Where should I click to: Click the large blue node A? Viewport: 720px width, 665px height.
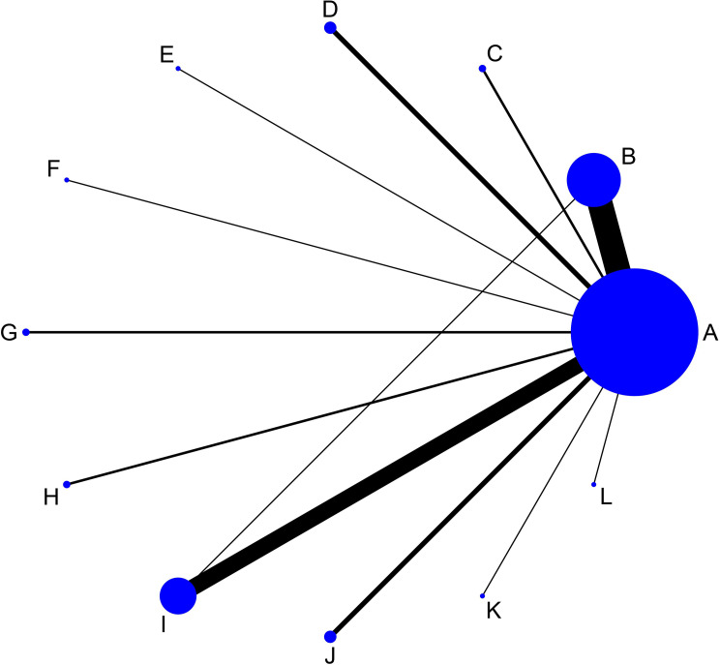point(633,332)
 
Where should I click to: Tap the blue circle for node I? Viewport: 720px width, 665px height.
point(178,595)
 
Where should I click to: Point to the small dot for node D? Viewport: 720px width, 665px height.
point(330,28)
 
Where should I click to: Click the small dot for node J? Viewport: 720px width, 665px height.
point(330,636)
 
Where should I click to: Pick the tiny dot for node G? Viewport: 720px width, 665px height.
point(26,332)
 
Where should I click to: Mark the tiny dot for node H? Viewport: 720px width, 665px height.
point(66,484)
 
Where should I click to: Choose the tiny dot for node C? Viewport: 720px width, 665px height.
point(482,69)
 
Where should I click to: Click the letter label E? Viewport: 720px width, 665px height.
point(165,55)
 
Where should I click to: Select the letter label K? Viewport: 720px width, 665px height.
point(494,612)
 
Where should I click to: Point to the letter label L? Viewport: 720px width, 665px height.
point(606,499)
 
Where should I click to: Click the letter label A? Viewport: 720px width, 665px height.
point(709,334)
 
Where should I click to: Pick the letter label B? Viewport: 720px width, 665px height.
point(628,156)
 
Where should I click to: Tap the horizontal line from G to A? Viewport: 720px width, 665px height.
point(290,332)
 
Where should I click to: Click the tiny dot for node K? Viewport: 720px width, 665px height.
point(482,595)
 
